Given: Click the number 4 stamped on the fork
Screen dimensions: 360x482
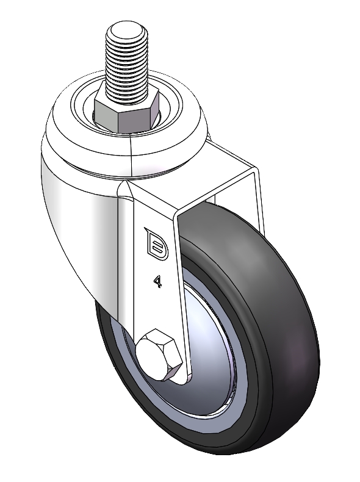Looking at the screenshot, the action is click(158, 281).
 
